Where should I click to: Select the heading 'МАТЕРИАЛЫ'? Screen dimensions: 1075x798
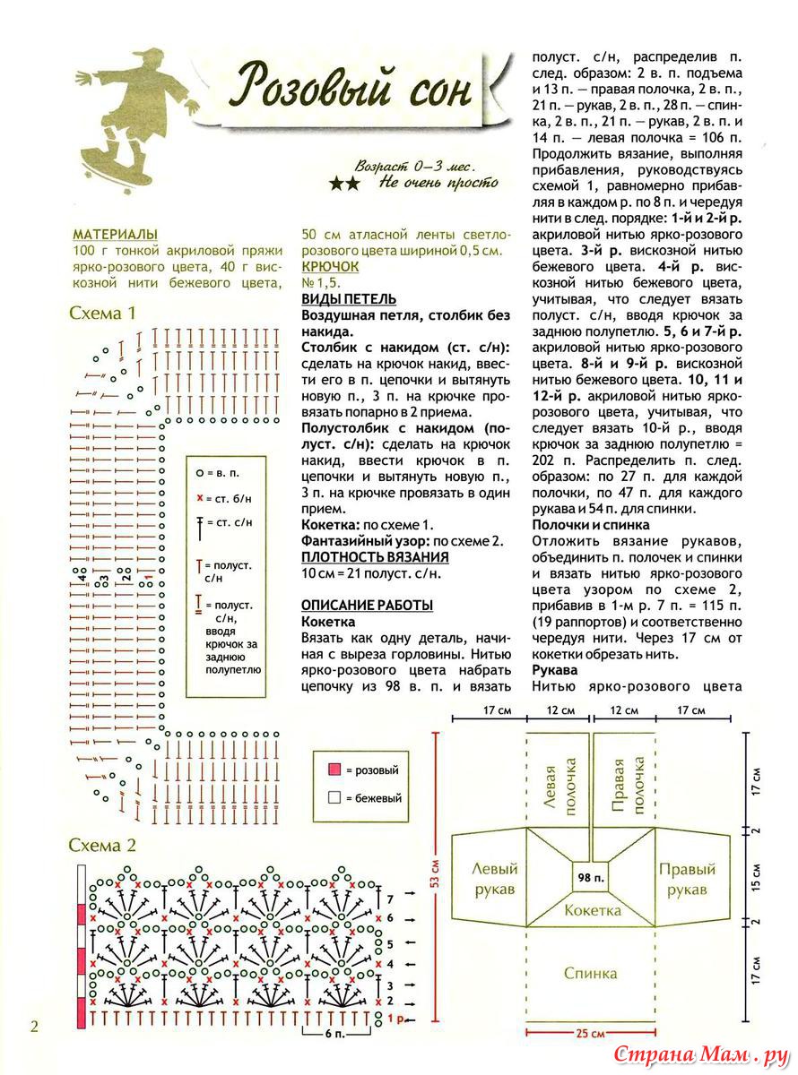tap(116, 235)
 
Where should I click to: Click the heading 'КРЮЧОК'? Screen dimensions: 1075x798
tap(330, 267)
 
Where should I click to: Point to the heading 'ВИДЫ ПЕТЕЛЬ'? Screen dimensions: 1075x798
tap(349, 299)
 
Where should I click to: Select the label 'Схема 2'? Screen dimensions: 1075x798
tap(103, 845)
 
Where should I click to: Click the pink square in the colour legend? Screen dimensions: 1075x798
tap(334, 770)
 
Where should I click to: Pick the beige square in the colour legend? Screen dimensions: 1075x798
tap(334, 797)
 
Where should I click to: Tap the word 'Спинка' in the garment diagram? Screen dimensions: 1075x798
tap(590, 973)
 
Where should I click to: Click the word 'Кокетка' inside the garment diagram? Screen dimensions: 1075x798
tap(592, 910)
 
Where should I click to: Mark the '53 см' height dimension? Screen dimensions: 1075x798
tap(435, 873)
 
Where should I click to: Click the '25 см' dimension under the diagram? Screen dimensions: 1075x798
tap(589, 1032)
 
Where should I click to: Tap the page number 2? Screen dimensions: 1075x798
tap(34, 1027)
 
